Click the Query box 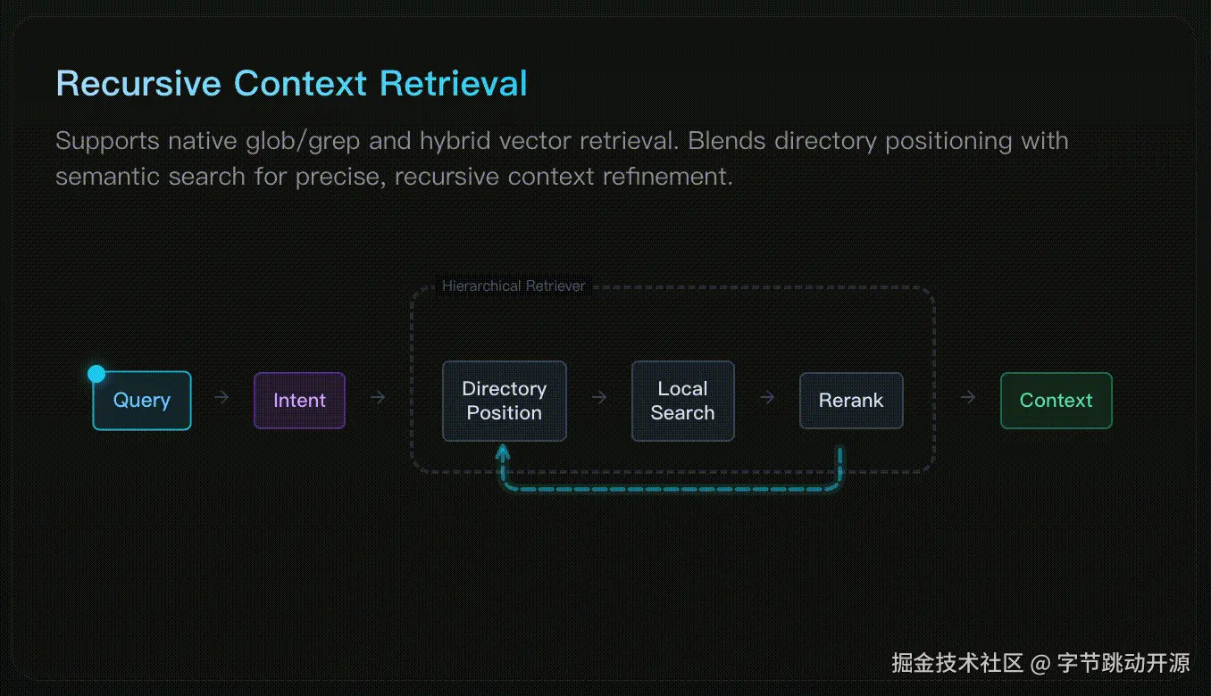[142, 401]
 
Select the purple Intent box [299, 401]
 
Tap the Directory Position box [504, 401]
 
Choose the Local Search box [682, 401]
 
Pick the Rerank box [850, 401]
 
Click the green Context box [1056, 401]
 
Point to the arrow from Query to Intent [221, 397]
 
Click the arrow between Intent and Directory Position [378, 397]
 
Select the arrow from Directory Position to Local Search [599, 397]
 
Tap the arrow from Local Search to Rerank [766, 397]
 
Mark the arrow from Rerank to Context [967, 397]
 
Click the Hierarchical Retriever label [514, 286]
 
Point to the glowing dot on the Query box [96, 374]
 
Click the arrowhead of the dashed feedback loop [503, 453]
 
